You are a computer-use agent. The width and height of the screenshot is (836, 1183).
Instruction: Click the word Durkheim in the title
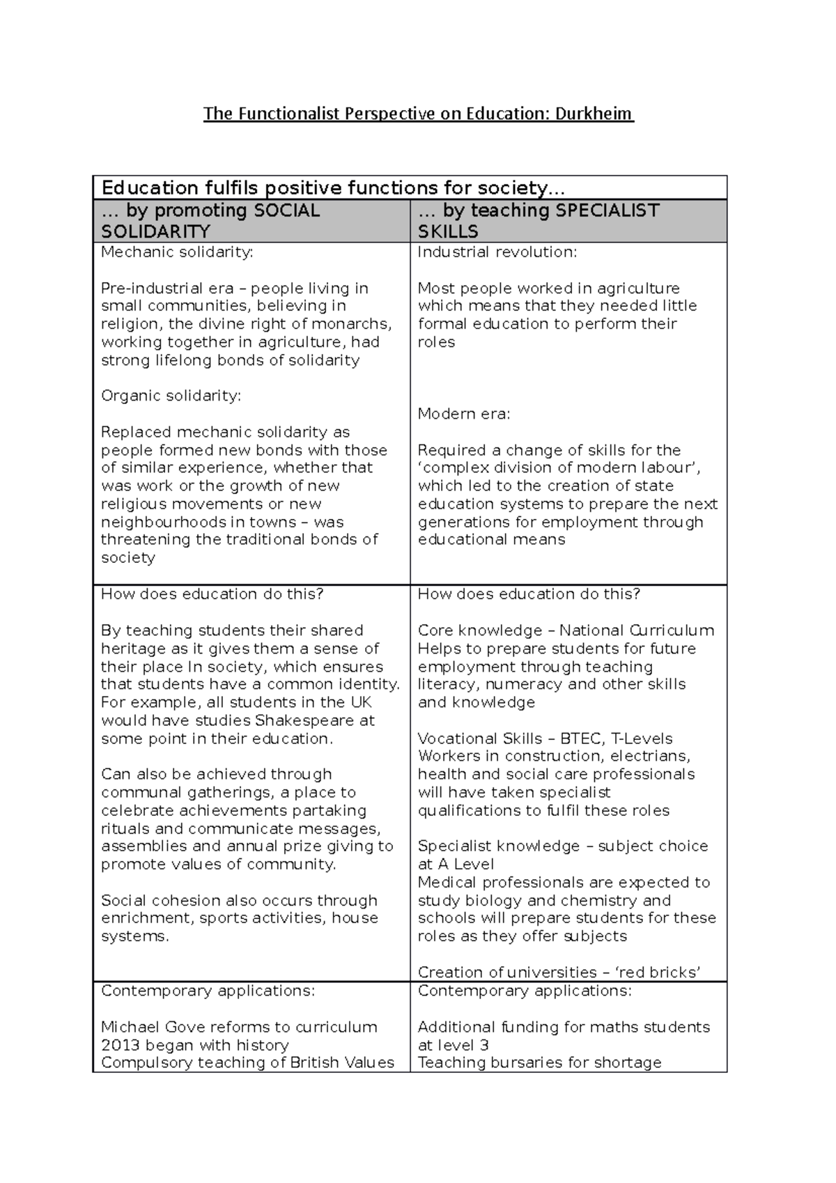[594, 114]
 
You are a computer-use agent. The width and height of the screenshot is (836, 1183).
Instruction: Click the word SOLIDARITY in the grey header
[155, 232]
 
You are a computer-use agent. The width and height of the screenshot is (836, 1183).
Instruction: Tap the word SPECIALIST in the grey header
[606, 210]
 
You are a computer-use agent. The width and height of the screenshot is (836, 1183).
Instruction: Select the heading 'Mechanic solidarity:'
[177, 252]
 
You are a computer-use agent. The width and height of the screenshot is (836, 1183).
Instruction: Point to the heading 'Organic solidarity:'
[171, 396]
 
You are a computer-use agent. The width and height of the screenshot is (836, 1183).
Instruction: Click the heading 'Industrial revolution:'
[497, 252]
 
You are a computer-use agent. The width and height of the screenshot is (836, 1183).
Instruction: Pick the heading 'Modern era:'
[464, 414]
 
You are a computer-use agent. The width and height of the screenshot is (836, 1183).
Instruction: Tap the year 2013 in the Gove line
[121, 1045]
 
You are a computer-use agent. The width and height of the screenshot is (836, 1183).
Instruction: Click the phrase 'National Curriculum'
[637, 631]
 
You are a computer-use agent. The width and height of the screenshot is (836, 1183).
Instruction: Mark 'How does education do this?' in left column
[212, 594]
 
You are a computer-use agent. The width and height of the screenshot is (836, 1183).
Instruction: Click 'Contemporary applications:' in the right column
[524, 991]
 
